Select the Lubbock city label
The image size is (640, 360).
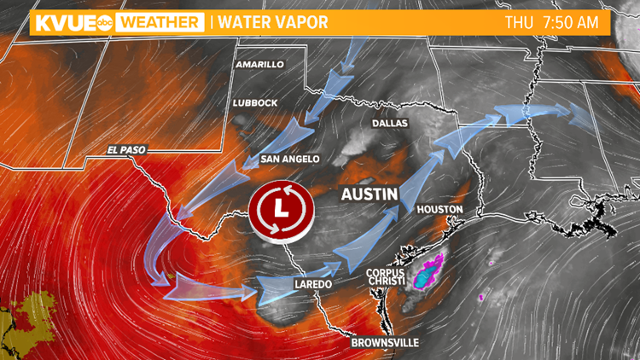click(255, 103)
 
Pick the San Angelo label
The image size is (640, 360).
click(290, 160)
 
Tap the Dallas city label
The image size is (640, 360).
click(390, 124)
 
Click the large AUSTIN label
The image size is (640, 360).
click(369, 195)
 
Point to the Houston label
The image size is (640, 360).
click(439, 209)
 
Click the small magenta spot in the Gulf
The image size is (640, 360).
click(481, 297)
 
